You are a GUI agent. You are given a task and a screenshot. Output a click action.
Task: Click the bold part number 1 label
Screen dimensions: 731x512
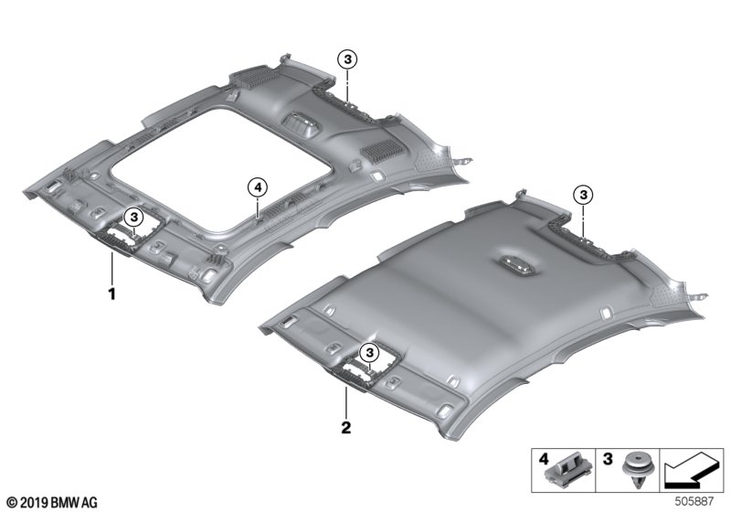tap(111, 293)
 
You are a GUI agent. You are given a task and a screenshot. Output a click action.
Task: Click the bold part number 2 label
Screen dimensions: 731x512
tap(346, 427)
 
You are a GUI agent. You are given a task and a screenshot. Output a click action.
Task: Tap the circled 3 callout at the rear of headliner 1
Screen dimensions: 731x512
tap(347, 59)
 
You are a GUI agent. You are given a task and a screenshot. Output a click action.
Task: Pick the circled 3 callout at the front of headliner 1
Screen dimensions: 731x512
tap(134, 217)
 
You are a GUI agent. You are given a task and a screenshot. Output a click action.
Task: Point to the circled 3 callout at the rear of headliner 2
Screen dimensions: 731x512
tap(583, 195)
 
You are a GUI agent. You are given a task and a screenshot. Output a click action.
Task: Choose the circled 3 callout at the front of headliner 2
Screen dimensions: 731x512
tap(370, 353)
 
